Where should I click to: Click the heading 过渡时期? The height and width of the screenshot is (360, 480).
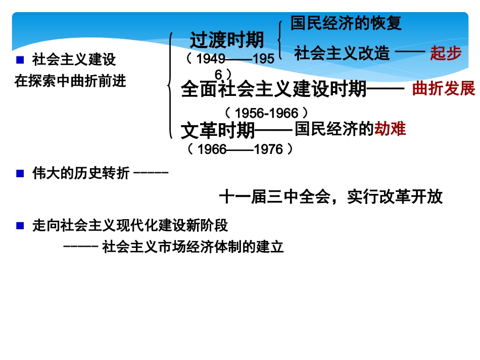click(227, 40)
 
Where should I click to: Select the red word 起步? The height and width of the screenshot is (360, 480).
click(446, 53)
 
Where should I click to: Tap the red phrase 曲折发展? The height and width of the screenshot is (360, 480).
click(444, 89)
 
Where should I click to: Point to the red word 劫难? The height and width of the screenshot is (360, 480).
click(390, 129)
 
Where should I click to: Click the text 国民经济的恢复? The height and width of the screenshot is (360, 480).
click(346, 23)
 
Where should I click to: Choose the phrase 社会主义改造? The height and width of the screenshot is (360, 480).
click(342, 53)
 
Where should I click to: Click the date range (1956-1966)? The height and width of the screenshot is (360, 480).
click(265, 112)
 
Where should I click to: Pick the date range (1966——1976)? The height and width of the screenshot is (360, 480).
click(240, 149)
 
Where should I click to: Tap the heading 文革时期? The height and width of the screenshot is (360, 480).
click(218, 131)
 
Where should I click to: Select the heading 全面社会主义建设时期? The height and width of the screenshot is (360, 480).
click(273, 90)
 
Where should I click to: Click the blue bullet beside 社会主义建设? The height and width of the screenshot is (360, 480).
click(20, 60)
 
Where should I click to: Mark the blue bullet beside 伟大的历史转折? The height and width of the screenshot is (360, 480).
click(20, 174)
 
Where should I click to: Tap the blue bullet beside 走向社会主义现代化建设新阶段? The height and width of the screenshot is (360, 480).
click(20, 226)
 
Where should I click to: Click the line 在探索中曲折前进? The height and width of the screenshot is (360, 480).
click(70, 81)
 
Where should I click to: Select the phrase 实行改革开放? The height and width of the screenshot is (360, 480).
click(395, 197)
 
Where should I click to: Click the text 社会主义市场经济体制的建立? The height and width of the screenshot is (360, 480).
click(193, 247)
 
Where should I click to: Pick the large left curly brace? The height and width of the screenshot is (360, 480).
click(171, 85)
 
